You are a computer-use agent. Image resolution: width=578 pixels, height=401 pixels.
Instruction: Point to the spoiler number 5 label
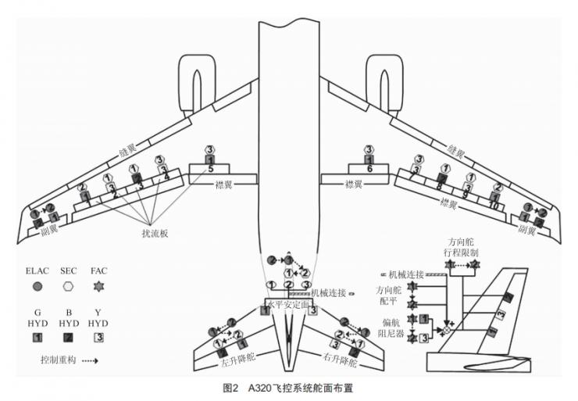(x=210, y=169)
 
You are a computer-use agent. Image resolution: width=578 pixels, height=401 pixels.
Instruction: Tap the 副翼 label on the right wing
(x=526, y=231)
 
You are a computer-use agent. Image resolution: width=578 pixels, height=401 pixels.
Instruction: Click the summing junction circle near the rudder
(x=448, y=331)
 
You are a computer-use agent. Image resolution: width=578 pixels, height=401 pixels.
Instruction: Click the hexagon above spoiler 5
(x=210, y=149)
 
